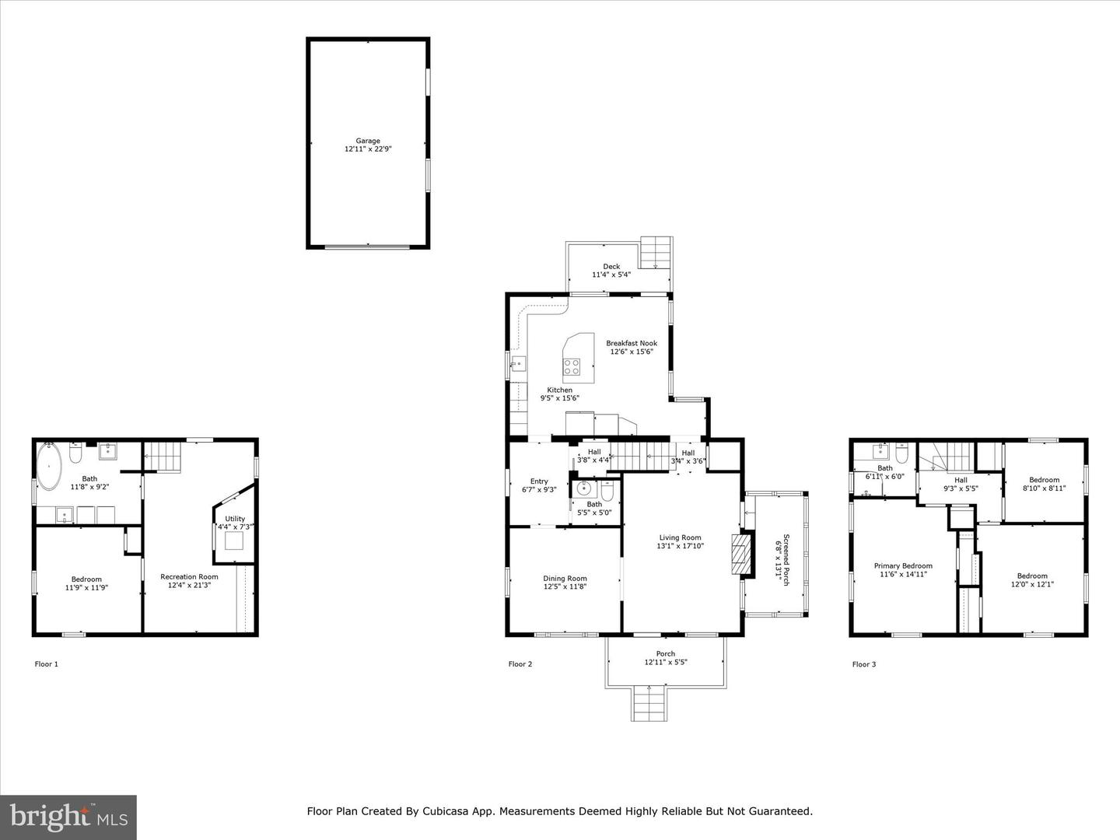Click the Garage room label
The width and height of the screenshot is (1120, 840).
[x=368, y=145]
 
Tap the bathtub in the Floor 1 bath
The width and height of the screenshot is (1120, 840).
[x=50, y=467]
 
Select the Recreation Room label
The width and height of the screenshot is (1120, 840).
[x=189, y=581]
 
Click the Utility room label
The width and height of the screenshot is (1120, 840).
[x=235, y=523]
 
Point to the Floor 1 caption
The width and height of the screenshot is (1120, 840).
[x=47, y=664]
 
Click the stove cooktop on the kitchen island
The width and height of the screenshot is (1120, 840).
[x=572, y=366]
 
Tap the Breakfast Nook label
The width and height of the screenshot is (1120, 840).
[x=632, y=347]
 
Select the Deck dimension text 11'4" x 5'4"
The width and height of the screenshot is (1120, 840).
[x=611, y=275]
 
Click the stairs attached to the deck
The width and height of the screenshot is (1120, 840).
[x=656, y=253]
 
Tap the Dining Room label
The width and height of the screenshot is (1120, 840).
[x=565, y=583]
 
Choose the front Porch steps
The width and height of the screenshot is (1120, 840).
[x=649, y=704]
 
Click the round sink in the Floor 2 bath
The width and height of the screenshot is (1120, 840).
[x=586, y=489]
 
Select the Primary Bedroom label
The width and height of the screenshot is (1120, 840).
[x=903, y=570]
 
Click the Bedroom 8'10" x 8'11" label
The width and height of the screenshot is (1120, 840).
[x=1044, y=484]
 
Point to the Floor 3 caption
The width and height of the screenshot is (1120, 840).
[x=864, y=664]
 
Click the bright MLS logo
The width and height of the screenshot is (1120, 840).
[x=68, y=817]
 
